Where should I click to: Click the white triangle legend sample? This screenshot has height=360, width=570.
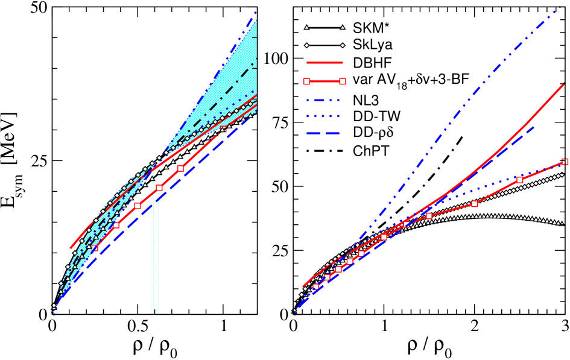[325, 28]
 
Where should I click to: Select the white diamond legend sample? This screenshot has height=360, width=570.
[325, 45]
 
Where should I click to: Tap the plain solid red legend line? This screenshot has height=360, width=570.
[325, 63]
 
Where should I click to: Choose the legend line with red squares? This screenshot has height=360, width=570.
[325, 81]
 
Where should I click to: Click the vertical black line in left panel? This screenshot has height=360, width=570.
[156, 253]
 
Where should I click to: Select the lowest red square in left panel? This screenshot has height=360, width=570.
[95, 248]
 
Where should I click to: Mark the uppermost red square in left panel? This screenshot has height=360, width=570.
[180, 168]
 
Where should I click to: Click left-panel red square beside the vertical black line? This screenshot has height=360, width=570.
[159, 188]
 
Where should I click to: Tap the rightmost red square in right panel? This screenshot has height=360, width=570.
[565, 162]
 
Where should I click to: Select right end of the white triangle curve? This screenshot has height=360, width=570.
[562, 224]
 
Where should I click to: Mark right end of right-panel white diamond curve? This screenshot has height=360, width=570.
[563, 175]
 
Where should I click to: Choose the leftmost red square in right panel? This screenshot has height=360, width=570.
[315, 286]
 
